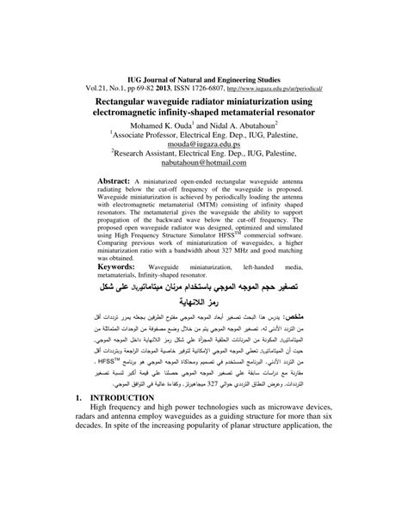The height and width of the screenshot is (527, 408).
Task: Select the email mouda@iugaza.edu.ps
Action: pyautogui.click(x=204, y=122)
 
